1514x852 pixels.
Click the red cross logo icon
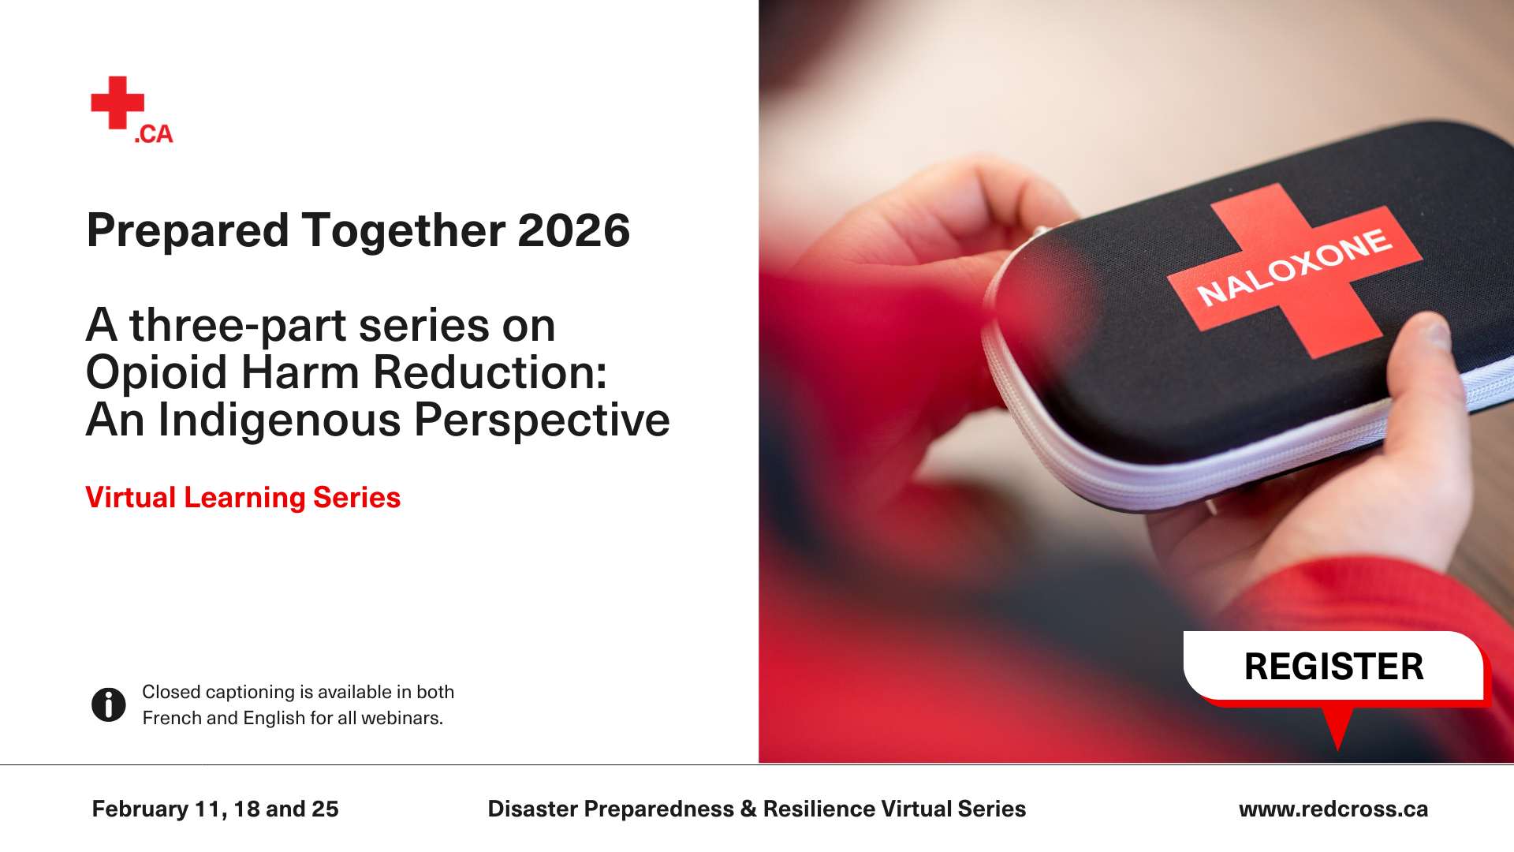(117, 103)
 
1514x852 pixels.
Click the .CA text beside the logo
(154, 134)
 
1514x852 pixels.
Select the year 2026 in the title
(574, 231)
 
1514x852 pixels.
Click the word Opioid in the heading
(157, 373)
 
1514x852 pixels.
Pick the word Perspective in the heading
(543, 420)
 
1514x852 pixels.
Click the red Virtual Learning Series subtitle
(243, 498)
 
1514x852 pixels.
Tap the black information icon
(109, 704)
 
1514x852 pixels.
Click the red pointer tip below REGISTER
(1337, 748)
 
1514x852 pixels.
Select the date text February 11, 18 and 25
(215, 809)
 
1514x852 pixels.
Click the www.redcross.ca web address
(1333, 809)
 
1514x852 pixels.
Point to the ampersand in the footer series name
(748, 809)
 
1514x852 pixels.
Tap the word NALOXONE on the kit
(1295, 267)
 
